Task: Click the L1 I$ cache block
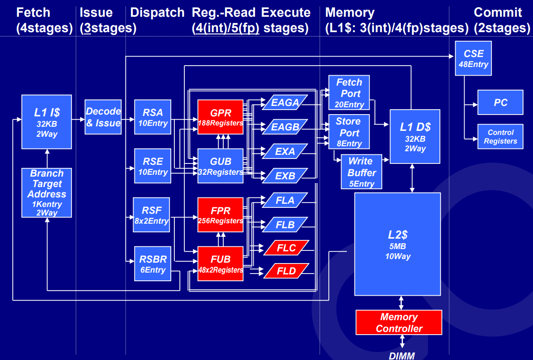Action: (x=47, y=122)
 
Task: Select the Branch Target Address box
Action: (x=47, y=193)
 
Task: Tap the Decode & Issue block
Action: (x=103, y=117)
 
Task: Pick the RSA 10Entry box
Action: (x=153, y=117)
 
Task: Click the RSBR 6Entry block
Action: (x=153, y=264)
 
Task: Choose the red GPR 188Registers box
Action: (x=220, y=117)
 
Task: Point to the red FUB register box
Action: (x=220, y=264)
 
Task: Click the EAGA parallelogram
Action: (x=285, y=102)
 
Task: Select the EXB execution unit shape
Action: (x=285, y=176)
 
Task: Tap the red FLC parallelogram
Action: (x=286, y=248)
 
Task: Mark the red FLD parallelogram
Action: (x=286, y=271)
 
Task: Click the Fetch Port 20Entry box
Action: (x=349, y=93)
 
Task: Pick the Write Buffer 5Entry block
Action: (x=361, y=172)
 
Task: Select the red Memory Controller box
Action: (x=399, y=322)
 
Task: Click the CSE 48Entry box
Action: (x=473, y=58)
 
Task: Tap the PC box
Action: (x=500, y=102)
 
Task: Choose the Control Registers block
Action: (x=500, y=137)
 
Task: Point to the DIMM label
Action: (x=402, y=355)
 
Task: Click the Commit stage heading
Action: (x=498, y=13)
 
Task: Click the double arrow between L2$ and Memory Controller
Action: (x=401, y=302)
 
